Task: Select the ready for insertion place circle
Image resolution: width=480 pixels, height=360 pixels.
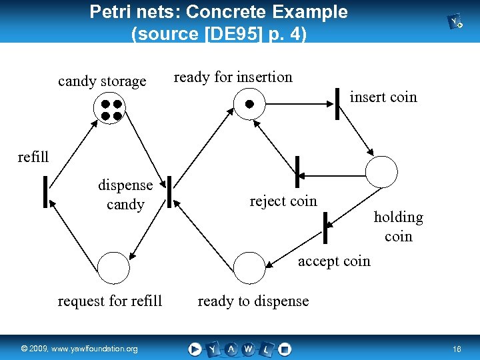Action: tap(249, 103)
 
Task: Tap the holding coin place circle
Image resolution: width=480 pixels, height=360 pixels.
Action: tap(381, 172)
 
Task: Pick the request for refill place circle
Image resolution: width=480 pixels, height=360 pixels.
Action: tap(113, 268)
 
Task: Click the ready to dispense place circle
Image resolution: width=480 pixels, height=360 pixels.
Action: tap(249, 268)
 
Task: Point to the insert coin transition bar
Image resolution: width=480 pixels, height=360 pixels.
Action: tap(338, 103)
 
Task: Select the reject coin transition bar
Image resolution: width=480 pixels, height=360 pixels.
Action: tap(297, 172)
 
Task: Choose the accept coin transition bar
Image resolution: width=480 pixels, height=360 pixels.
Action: tap(325, 227)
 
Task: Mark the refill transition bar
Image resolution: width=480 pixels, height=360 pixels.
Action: tap(45, 192)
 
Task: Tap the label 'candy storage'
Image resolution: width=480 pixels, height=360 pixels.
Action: tap(102, 81)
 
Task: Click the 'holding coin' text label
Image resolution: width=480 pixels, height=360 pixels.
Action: tap(399, 227)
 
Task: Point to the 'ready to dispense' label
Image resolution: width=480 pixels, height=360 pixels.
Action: tap(253, 301)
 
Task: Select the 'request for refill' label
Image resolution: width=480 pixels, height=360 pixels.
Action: tap(110, 301)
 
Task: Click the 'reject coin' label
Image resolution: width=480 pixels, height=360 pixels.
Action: tap(283, 201)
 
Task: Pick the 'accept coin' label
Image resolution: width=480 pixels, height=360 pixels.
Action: tap(334, 261)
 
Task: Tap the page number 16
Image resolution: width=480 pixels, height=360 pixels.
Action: tap(457, 349)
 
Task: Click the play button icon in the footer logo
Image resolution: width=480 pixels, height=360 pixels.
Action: tap(195, 349)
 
